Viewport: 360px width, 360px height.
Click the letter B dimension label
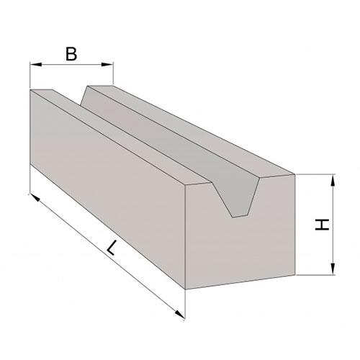click(x=71, y=54)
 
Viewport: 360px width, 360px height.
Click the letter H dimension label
click(x=322, y=225)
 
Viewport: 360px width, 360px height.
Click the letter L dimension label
click(x=112, y=248)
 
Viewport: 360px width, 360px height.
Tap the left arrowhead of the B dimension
click(x=36, y=64)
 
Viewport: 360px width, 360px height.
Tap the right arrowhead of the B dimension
click(x=107, y=64)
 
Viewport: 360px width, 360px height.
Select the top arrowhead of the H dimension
click(x=333, y=181)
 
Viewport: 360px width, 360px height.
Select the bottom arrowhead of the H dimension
click(x=333, y=269)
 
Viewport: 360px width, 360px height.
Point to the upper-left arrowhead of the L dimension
click(x=35, y=197)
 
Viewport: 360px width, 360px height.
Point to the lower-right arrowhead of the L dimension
click(x=180, y=314)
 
